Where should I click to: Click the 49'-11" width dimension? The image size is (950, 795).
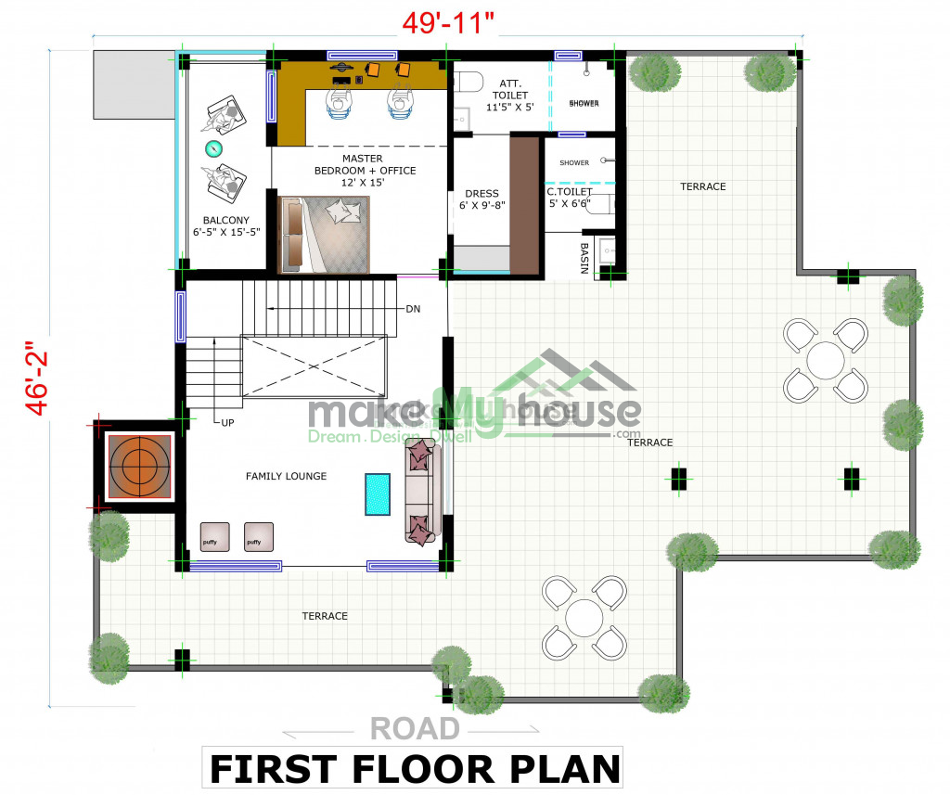(448, 23)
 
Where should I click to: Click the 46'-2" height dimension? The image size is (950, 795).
(37, 378)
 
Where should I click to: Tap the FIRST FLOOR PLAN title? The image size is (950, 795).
(415, 769)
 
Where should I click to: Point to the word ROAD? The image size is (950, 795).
(415, 728)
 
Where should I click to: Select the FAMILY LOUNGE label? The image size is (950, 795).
(286, 476)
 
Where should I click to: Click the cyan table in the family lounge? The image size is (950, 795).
(378, 494)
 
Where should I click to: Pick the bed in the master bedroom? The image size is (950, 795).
(324, 235)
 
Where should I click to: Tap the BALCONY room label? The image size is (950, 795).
(226, 220)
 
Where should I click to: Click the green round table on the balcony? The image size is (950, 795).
(213, 147)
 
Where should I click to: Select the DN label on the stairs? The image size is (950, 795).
(413, 309)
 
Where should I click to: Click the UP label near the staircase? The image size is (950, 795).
(228, 422)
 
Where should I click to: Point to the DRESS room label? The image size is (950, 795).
(481, 193)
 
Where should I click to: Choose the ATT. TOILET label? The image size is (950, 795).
(510, 89)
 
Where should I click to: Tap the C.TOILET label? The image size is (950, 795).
(570, 191)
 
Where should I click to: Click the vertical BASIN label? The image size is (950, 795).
(584, 258)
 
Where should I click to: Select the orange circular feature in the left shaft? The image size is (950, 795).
(139, 466)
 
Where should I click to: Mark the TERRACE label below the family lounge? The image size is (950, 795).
(325, 616)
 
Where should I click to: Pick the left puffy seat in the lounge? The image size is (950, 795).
(215, 537)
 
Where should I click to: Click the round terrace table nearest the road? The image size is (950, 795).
(584, 618)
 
